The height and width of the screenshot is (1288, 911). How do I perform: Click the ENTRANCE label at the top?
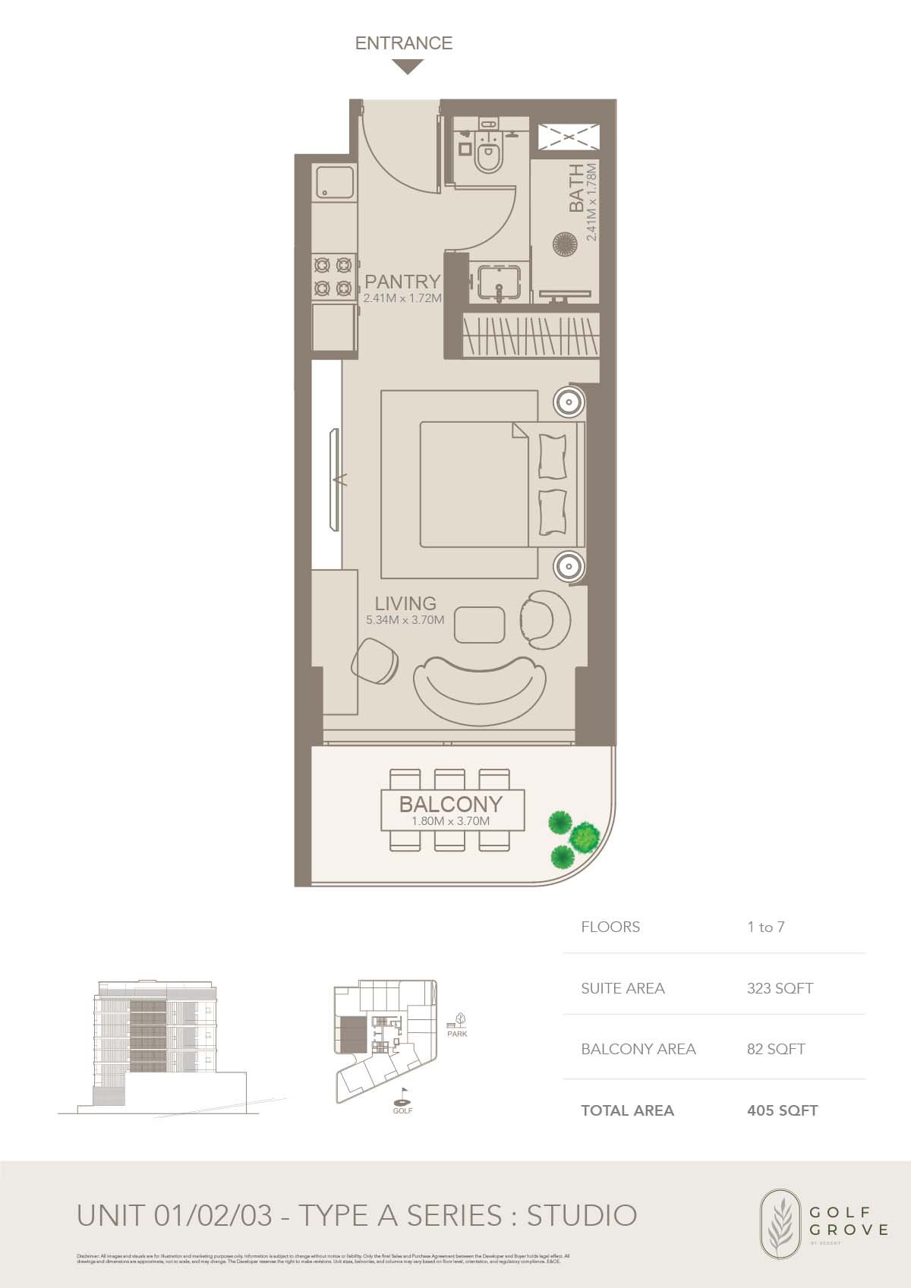coord(403,43)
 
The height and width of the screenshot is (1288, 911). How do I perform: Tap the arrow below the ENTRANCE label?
coord(408,68)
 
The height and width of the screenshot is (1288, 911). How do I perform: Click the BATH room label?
coord(578,187)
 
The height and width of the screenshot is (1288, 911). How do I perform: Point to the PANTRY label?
coord(402,282)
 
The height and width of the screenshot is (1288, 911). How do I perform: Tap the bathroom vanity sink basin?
coord(497,282)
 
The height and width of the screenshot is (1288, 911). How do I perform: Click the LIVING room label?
coord(405,603)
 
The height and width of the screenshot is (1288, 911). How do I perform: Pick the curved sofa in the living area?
coord(479,682)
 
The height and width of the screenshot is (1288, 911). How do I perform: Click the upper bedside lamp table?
coord(568,402)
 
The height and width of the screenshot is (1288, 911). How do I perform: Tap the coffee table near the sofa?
coord(481,624)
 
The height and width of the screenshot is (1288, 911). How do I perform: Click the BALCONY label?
coord(451,804)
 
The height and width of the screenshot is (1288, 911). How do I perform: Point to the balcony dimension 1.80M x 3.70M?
coord(451,821)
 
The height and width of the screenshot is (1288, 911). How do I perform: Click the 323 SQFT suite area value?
coord(780,988)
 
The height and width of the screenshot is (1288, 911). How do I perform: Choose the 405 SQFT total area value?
coord(782,1110)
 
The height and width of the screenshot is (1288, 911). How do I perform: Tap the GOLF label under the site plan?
coord(402,1110)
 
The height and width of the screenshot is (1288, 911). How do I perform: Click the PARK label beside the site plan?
coord(457,1034)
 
